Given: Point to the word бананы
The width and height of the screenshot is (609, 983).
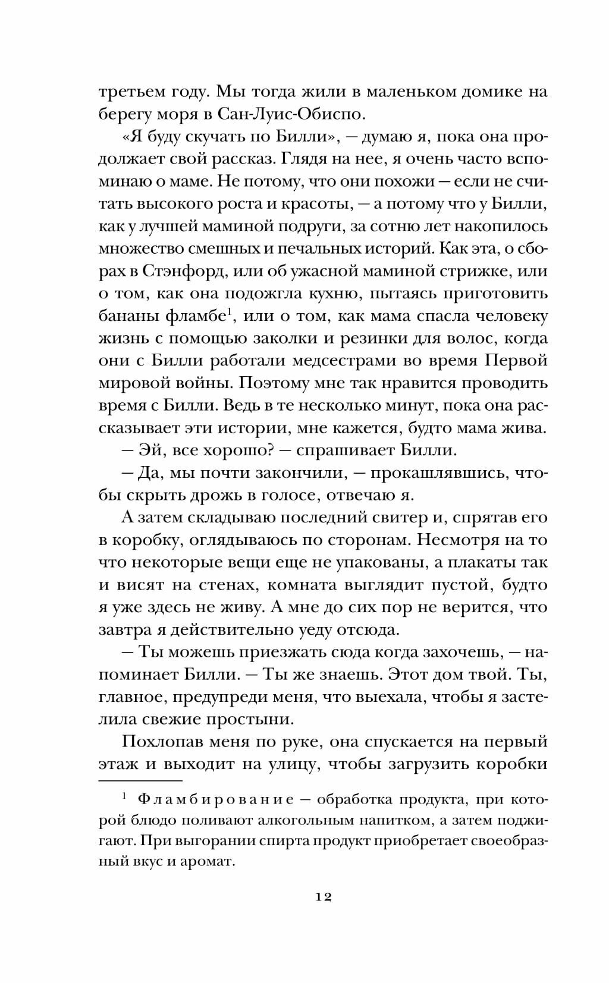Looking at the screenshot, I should pyautogui.click(x=126, y=316).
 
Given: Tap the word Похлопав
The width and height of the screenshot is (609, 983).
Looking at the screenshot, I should pyautogui.click(x=156, y=742).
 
